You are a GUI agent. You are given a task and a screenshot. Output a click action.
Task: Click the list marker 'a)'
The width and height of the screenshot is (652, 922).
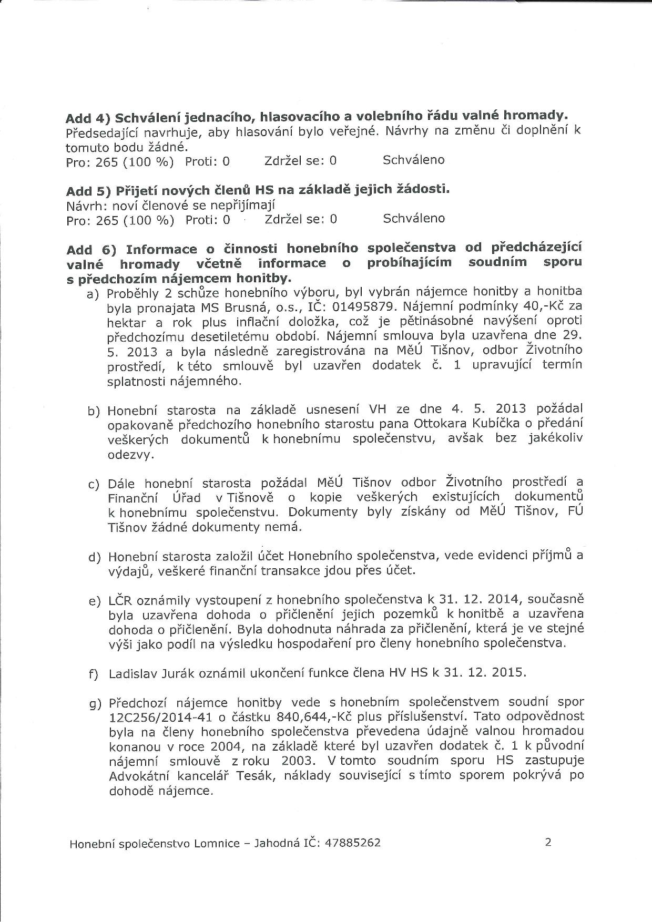pos(93,294)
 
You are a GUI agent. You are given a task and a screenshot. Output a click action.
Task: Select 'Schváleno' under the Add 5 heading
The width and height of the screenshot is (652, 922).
pos(414,218)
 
